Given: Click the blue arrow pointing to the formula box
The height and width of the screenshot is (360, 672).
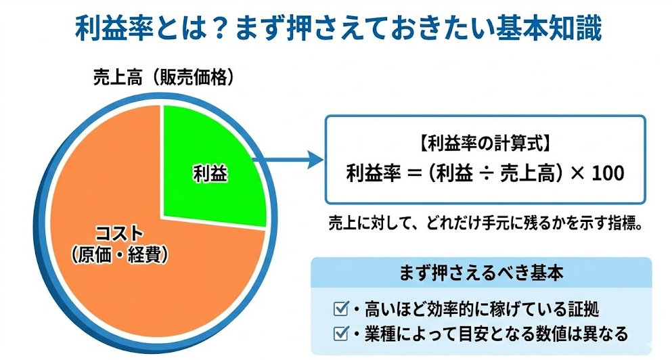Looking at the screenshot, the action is [x=288, y=160].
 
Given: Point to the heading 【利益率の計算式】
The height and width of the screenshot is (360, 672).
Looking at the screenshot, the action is [x=485, y=144].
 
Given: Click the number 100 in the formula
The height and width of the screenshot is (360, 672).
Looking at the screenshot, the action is [x=608, y=173].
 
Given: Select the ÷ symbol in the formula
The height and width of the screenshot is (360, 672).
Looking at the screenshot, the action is [x=487, y=174].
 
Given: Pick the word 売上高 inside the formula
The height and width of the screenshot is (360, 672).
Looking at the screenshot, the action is [x=529, y=173].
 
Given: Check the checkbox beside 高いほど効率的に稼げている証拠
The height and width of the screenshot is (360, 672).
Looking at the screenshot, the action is [x=341, y=309].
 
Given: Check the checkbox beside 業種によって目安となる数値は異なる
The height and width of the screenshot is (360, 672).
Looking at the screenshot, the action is [x=341, y=333].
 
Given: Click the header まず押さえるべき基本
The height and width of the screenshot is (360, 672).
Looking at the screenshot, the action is [x=481, y=273].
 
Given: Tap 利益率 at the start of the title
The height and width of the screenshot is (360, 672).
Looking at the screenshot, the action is [x=114, y=28].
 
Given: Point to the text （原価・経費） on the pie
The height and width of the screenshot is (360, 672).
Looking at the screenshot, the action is [x=120, y=255].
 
